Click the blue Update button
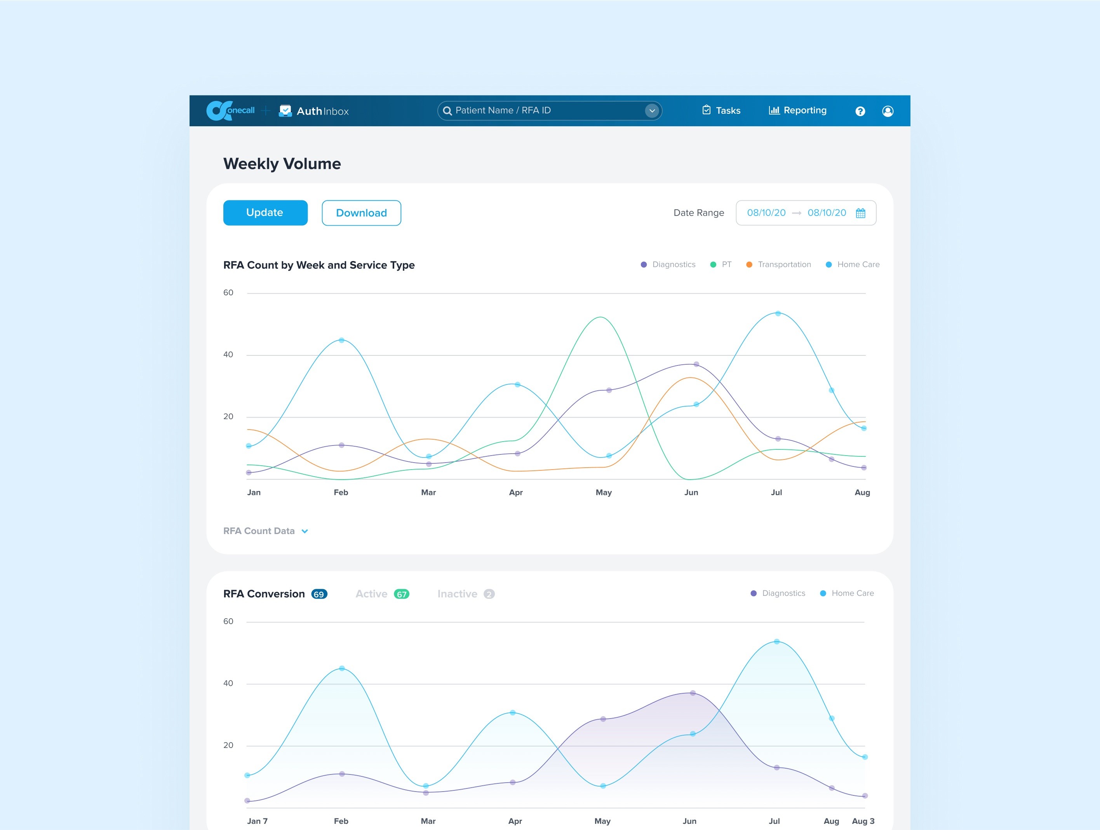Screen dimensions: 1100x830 tap(265, 213)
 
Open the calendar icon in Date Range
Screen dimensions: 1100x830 tap(860, 213)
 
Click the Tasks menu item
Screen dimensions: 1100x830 tap(721, 110)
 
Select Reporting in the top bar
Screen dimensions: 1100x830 tap(798, 110)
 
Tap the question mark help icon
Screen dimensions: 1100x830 tap(860, 111)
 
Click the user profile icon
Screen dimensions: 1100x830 tap(888, 111)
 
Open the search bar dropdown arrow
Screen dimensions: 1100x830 tap(652, 111)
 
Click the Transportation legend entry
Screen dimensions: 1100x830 tap(779, 264)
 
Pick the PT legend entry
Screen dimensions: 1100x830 tap(721, 264)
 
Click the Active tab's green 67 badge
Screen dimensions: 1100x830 tap(401, 594)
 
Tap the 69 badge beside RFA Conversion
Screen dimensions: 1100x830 tap(319, 594)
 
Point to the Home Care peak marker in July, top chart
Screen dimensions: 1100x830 tap(778, 314)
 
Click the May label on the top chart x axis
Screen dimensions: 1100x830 tap(604, 492)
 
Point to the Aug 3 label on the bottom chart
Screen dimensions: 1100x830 tap(863, 821)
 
